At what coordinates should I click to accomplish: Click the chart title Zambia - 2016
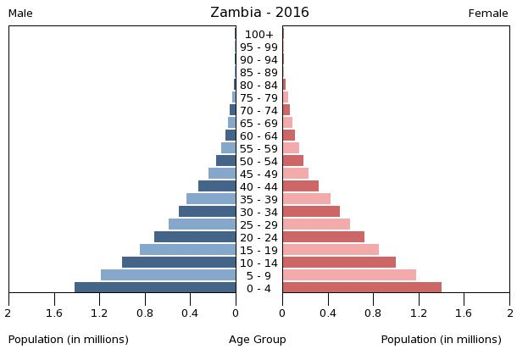[x=259, y=13]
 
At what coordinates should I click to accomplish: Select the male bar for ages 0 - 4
[x=155, y=287]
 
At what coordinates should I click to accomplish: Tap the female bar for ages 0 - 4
[x=362, y=287]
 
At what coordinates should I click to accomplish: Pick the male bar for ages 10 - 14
[x=179, y=262]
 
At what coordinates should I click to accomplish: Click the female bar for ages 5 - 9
[x=349, y=274]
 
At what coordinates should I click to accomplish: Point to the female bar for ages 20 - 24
[x=323, y=236]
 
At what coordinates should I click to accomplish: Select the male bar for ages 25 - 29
[x=202, y=224]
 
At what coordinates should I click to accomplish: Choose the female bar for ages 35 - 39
[x=306, y=198]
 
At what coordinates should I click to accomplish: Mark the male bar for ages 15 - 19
[x=187, y=249]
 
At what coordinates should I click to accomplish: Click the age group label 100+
[x=258, y=34]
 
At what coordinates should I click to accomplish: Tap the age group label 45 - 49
[x=258, y=174]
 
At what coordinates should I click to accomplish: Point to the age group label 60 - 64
[x=258, y=136]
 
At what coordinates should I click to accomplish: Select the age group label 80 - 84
[x=258, y=85]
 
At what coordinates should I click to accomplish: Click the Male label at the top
[x=20, y=14]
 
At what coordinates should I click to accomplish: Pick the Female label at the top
[x=488, y=14]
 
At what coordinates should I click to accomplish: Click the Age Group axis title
[x=258, y=340]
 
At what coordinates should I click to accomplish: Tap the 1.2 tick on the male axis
[x=100, y=313]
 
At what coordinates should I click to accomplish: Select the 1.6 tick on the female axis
[x=464, y=313]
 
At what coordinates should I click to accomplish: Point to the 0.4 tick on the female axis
[x=327, y=313]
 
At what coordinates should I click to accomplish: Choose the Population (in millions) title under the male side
[x=69, y=340]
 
